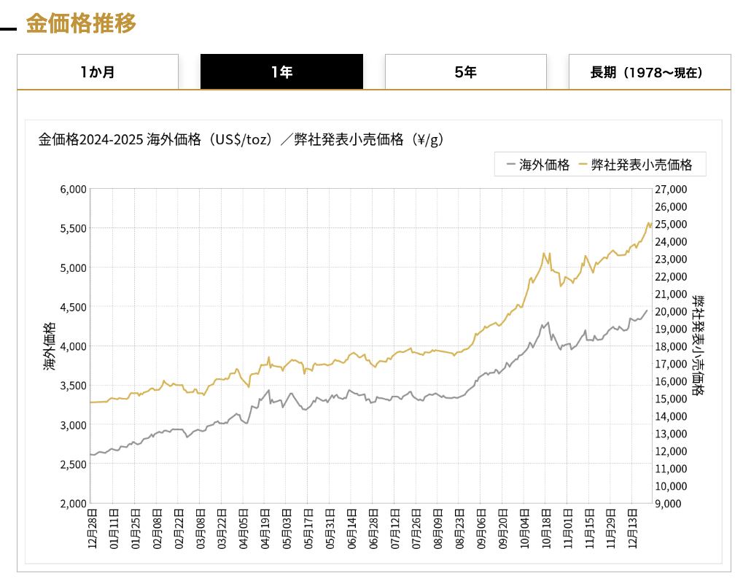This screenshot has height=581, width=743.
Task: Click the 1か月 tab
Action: (98, 72)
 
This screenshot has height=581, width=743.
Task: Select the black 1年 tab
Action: (281, 72)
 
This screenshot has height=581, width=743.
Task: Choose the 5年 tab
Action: (465, 72)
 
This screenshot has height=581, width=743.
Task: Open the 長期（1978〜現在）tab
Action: (650, 72)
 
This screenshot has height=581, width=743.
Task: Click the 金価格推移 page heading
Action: (81, 23)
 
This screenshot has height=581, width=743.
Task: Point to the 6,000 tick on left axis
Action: (72, 189)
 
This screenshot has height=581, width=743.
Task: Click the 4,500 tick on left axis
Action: (72, 307)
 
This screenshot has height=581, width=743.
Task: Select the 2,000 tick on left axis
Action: (72, 503)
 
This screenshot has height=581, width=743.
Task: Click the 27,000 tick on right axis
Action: (672, 189)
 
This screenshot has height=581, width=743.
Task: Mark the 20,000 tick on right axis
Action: (672, 311)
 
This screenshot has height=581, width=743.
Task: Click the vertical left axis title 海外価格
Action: (49, 346)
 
